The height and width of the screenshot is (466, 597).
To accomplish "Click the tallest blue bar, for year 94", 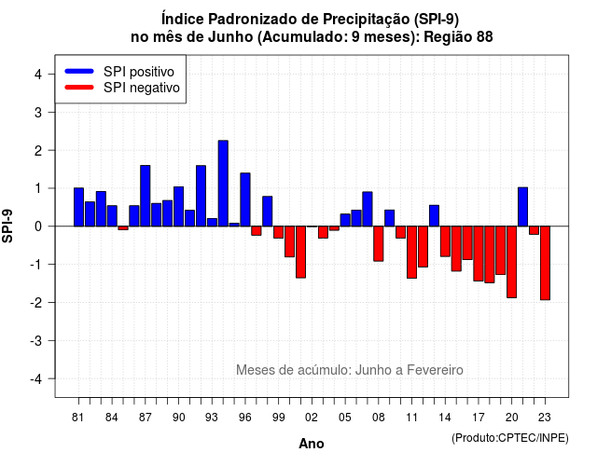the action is click(x=223, y=184).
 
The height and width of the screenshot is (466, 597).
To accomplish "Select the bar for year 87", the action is click(x=146, y=196).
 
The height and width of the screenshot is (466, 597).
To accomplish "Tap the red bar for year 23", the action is click(x=545, y=263).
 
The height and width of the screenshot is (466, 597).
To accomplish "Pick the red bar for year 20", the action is click(x=512, y=262).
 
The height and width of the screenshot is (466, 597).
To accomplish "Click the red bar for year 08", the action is click(x=379, y=243).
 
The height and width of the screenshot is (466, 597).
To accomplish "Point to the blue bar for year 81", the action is click(x=78, y=207).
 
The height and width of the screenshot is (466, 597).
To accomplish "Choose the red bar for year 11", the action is click(x=411, y=253).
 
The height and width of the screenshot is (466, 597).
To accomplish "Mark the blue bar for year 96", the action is click(x=245, y=199).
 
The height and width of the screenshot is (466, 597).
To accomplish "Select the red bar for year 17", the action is click(x=479, y=254).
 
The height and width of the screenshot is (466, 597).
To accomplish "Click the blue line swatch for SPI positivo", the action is click(x=79, y=71).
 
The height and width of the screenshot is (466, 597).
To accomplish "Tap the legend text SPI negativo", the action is click(x=142, y=88).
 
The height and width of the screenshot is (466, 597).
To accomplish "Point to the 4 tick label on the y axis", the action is click(x=38, y=75).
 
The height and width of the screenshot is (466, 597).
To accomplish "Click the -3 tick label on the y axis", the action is click(x=36, y=340).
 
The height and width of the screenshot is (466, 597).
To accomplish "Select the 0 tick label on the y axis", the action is click(x=38, y=226).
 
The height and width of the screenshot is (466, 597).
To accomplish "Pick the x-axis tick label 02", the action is click(x=312, y=418).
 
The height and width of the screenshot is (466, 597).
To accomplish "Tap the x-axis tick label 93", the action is click(x=212, y=418).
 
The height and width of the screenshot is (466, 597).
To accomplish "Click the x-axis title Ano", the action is click(x=312, y=444).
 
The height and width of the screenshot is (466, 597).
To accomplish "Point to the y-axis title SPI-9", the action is click(x=7, y=226).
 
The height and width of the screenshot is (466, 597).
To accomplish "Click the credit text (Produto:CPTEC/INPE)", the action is click(x=510, y=438).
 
